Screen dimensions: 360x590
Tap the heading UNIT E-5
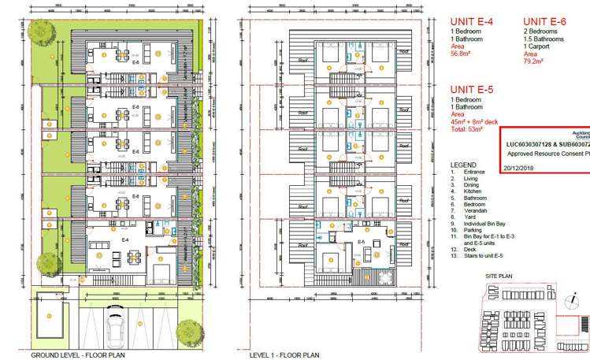pos(471,91)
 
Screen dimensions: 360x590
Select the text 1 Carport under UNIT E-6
pos(540,46)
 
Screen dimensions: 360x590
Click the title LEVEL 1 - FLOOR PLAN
pos(284,355)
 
